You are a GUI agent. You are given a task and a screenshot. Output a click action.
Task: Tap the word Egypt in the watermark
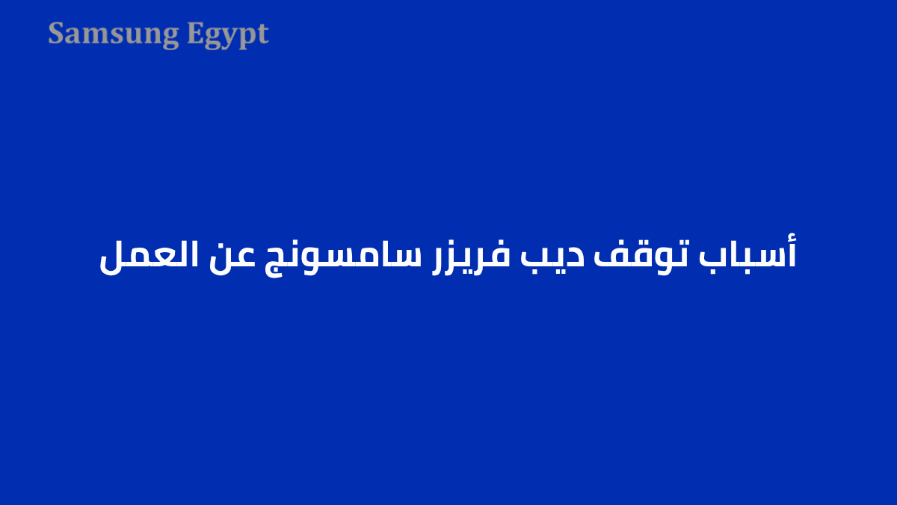[227, 34]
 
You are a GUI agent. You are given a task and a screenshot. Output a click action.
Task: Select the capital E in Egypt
[194, 34]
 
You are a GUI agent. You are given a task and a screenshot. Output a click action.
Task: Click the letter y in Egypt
[227, 37]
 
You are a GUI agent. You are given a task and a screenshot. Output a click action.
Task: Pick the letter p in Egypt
[245, 37]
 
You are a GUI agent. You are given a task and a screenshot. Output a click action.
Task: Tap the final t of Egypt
[262, 34]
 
